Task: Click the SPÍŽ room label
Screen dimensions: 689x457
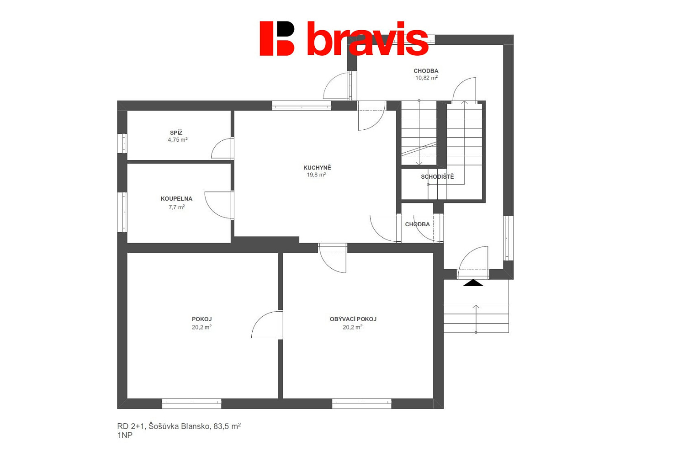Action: pos(176,133)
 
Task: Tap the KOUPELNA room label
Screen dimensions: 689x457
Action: pos(176,199)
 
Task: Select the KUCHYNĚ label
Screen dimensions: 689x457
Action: pos(317,168)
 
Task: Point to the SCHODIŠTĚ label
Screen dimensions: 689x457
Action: pos(437,177)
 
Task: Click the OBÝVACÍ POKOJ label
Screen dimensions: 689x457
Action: pos(353,319)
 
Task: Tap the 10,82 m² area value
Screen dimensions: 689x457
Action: pos(426,78)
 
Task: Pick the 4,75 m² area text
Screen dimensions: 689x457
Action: pos(177,140)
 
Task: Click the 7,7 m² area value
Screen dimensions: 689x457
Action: pos(176,207)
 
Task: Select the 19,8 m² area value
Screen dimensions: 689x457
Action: pos(316,175)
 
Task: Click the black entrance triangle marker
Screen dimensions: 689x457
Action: pos(473,283)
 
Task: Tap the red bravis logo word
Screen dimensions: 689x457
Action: pos(367,38)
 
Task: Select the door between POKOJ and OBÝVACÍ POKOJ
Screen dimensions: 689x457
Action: pos(267,324)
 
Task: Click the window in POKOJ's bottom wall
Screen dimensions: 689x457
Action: pos(191,404)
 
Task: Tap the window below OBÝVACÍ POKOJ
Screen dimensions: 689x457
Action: pos(362,404)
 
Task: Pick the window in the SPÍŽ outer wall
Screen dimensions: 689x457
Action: pos(122,143)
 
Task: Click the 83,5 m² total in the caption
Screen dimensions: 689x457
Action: pos(228,426)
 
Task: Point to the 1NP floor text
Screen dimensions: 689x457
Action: pos(125,436)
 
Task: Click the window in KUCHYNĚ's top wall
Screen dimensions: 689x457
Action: pos(302,106)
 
